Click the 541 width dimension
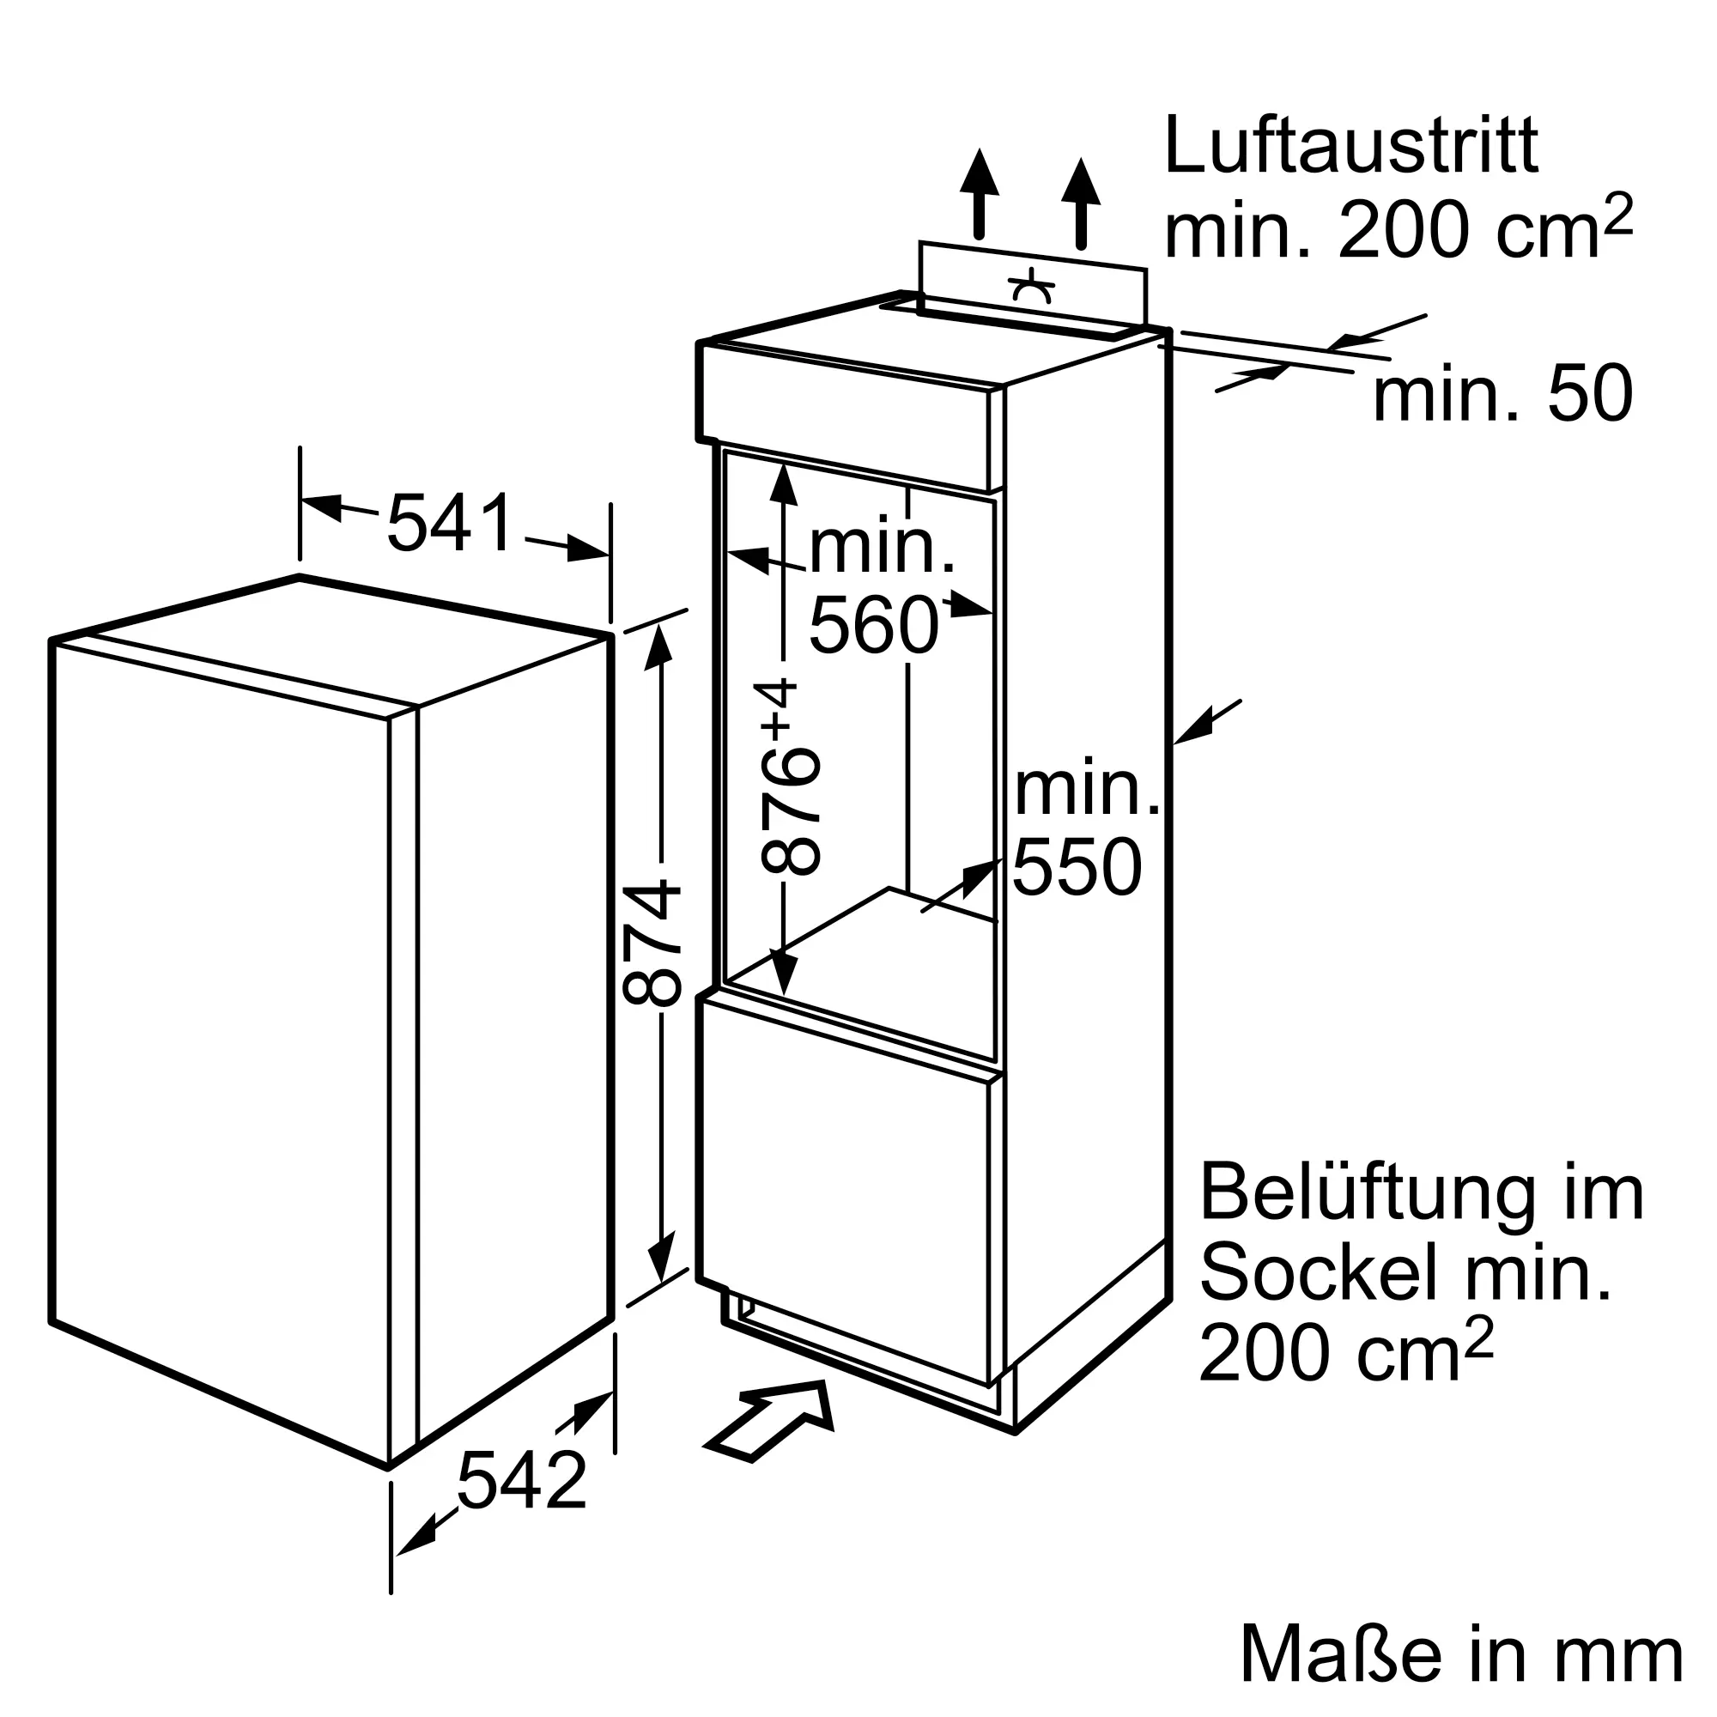(x=451, y=524)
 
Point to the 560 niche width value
(x=874, y=626)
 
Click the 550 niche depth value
(x=1077, y=866)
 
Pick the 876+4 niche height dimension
(x=790, y=776)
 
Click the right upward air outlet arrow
(x=1081, y=203)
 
